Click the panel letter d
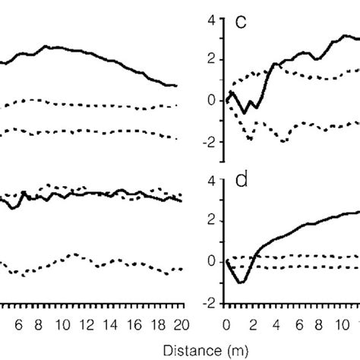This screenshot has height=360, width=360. pos(241,182)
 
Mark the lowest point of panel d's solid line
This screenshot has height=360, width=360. pos(241,283)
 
